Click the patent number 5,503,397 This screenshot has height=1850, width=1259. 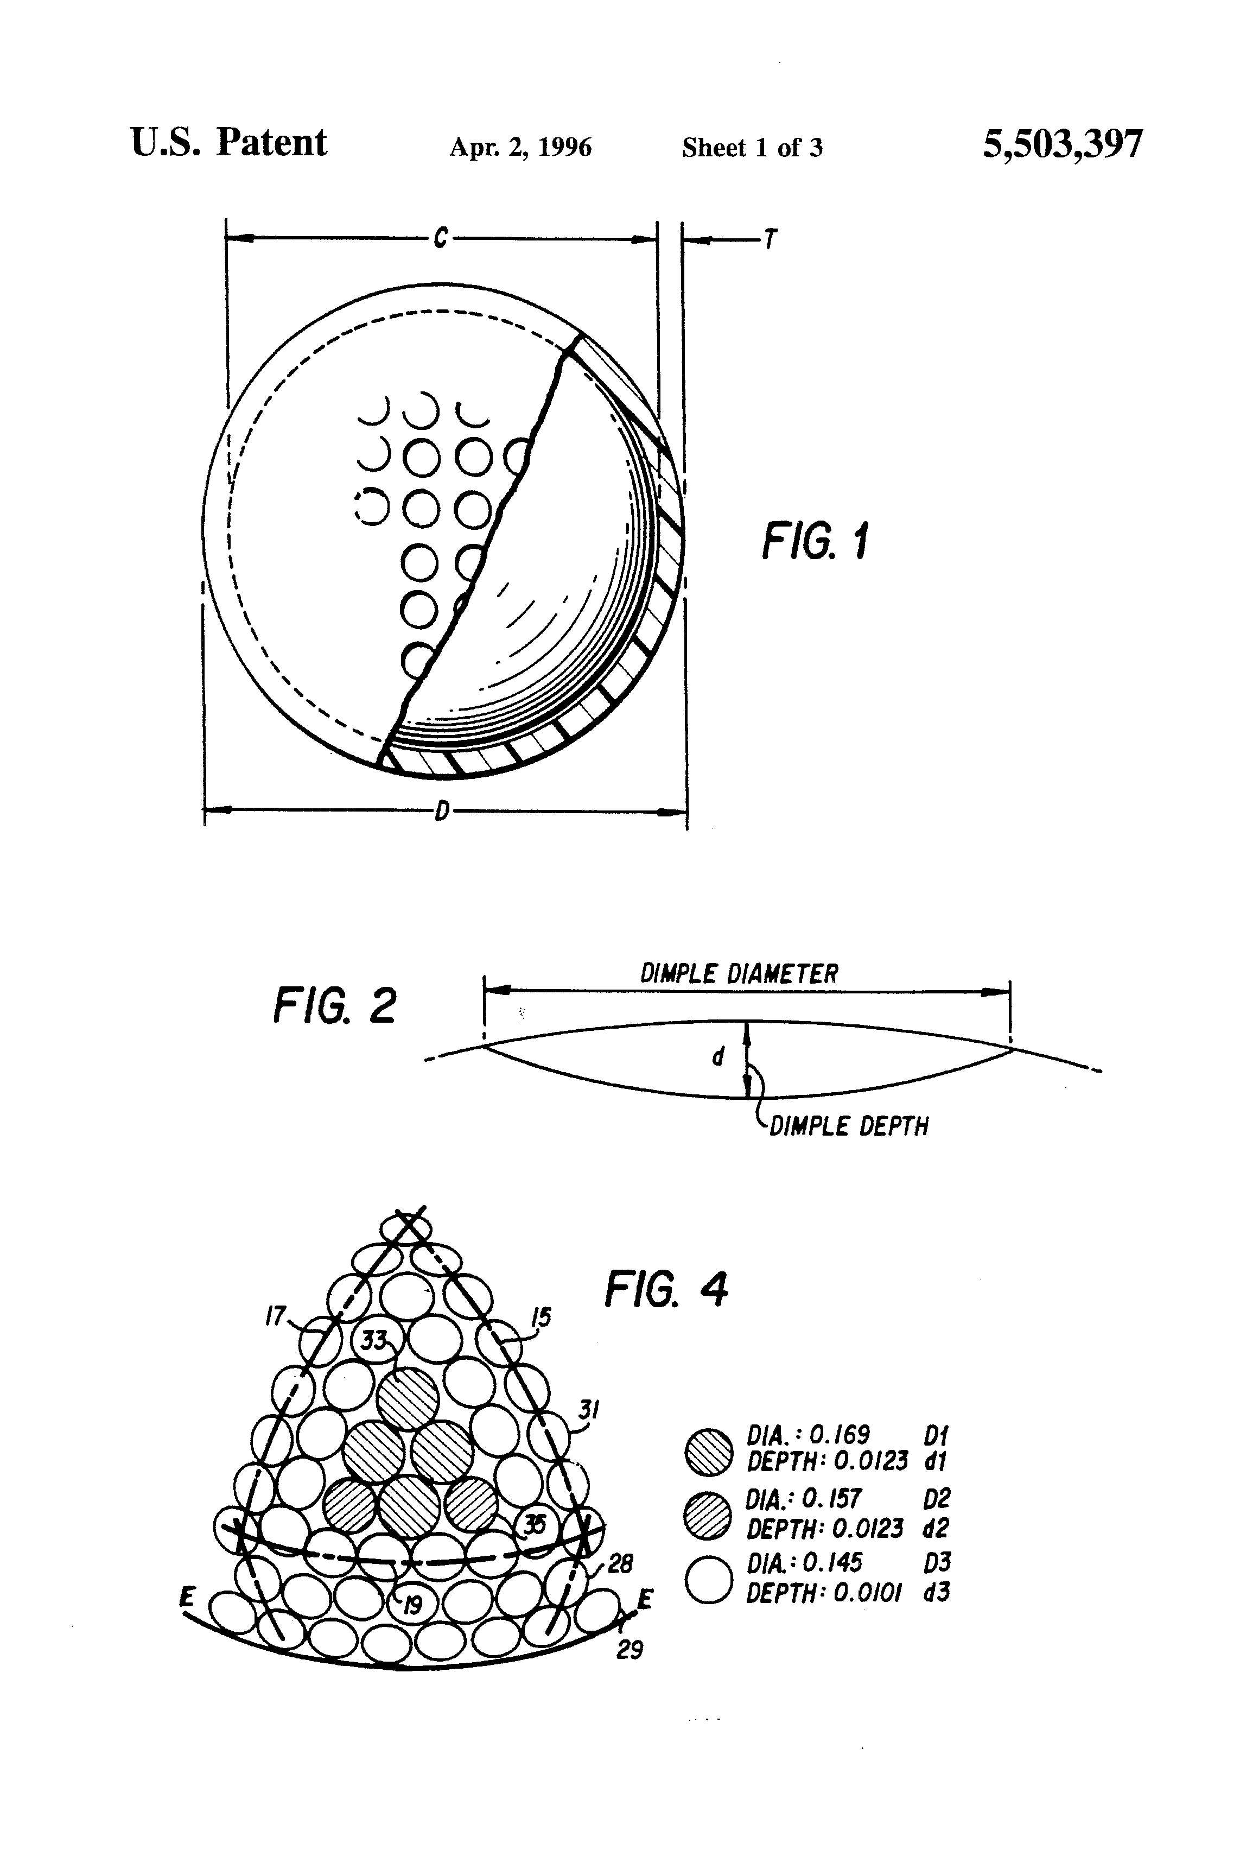coord(1063,145)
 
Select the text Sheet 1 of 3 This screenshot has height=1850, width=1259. coord(752,147)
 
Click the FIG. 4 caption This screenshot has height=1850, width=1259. coord(666,1289)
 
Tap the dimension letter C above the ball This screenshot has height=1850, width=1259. coord(441,237)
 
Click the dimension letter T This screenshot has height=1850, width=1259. coord(770,239)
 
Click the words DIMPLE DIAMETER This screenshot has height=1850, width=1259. coord(739,973)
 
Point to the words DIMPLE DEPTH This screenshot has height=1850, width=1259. coord(848,1126)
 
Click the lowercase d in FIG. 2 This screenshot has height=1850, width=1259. coord(718,1056)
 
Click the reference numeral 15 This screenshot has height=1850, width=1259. coord(541,1317)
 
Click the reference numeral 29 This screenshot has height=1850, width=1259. coord(629,1650)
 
